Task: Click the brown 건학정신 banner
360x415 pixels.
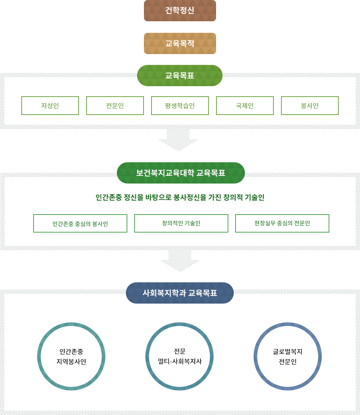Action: click(x=180, y=10)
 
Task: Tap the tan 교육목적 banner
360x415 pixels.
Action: click(x=180, y=43)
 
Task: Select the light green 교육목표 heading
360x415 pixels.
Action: click(x=180, y=75)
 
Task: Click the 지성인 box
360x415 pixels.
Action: click(x=50, y=106)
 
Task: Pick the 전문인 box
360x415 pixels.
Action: click(x=115, y=106)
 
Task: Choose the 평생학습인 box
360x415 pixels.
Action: click(x=180, y=106)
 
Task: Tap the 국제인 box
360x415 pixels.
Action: click(x=245, y=106)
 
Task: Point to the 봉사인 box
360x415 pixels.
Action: click(x=310, y=106)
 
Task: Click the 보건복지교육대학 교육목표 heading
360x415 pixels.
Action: click(x=181, y=173)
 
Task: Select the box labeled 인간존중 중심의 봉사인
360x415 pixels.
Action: click(x=80, y=224)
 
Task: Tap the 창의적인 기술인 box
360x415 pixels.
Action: click(x=181, y=224)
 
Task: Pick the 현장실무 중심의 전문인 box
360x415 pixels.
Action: click(x=282, y=224)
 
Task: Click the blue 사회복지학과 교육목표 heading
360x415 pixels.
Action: click(x=180, y=293)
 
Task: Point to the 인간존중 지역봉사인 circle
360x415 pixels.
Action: click(x=71, y=357)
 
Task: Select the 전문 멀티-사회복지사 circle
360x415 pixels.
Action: click(x=180, y=357)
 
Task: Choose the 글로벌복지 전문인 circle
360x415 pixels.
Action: click(x=287, y=357)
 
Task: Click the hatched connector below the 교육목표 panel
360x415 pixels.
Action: click(x=179, y=141)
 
